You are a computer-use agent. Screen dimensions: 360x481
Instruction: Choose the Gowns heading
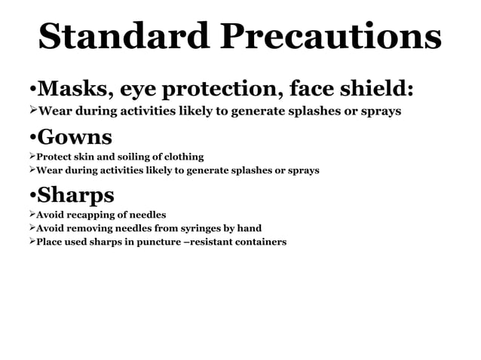(75, 137)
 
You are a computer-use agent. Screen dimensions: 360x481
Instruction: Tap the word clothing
(182, 157)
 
